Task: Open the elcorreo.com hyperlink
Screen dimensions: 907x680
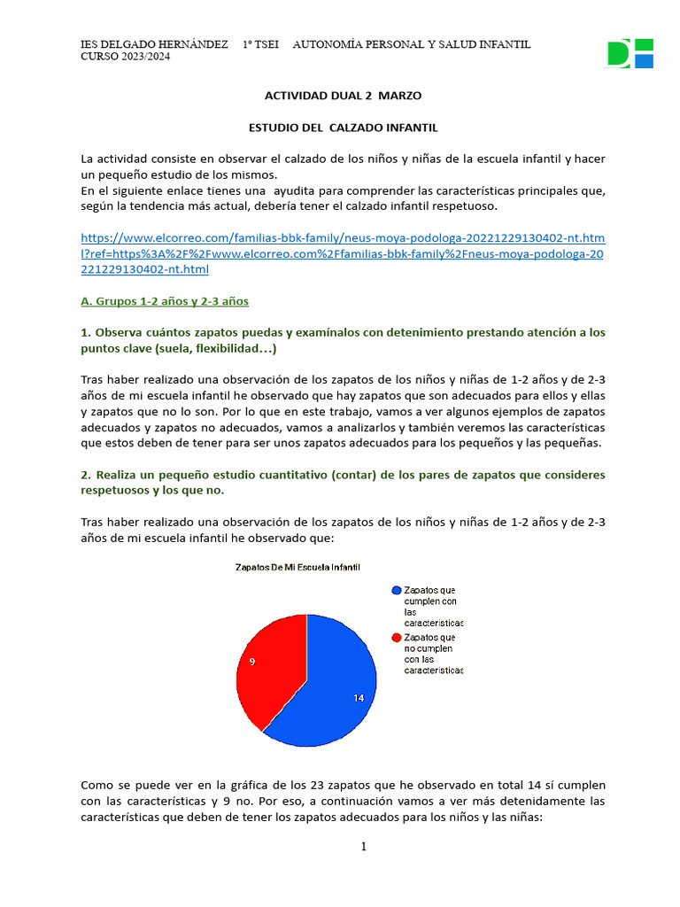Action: click(x=343, y=253)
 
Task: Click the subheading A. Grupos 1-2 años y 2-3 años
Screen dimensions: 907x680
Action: click(x=165, y=301)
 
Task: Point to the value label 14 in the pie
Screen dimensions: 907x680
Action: click(x=359, y=698)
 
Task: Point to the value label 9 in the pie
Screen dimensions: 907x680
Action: click(x=252, y=662)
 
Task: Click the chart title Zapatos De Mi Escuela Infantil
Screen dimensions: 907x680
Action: click(x=297, y=567)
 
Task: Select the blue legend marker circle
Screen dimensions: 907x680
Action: click(x=396, y=590)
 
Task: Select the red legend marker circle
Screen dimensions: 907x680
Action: click(x=396, y=637)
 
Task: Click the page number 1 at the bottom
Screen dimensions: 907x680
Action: click(x=363, y=847)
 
